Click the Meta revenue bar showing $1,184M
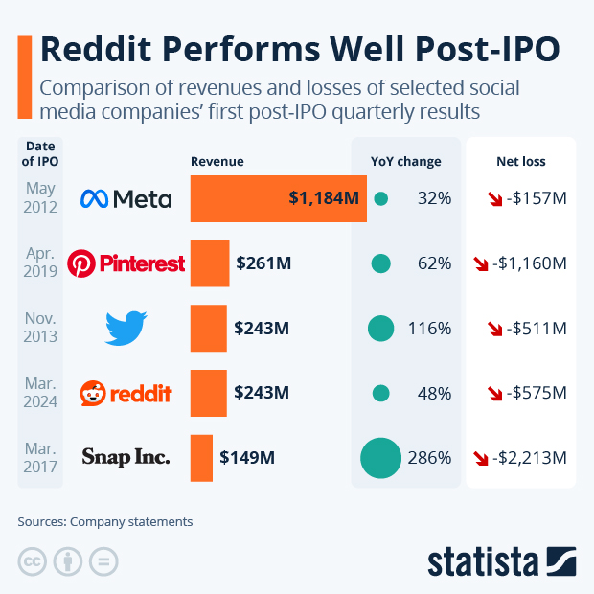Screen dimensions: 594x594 pyautogui.click(x=278, y=198)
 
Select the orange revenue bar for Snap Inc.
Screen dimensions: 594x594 pyautogui.click(x=201, y=457)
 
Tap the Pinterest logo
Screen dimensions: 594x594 pyautogui.click(x=126, y=263)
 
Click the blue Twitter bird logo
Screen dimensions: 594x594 pyautogui.click(x=126, y=329)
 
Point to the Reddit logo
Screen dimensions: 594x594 pyautogui.click(x=126, y=393)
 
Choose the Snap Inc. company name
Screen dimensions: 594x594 pyautogui.click(x=126, y=457)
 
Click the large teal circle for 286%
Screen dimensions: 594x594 pyautogui.click(x=380, y=457)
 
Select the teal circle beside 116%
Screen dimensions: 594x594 pyautogui.click(x=380, y=328)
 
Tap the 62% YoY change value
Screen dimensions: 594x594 pyautogui.click(x=434, y=263)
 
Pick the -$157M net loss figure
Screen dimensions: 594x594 pyautogui.click(x=536, y=198)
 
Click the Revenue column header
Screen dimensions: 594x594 pyautogui.click(x=217, y=161)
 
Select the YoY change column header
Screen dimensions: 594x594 pyautogui.click(x=405, y=161)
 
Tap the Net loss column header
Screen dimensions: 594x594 pyautogui.click(x=520, y=161)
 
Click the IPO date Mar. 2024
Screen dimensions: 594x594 pyautogui.click(x=40, y=392)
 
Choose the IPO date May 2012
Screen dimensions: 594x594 pyautogui.click(x=40, y=197)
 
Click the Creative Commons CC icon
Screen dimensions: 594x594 pyautogui.click(x=32, y=561)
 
